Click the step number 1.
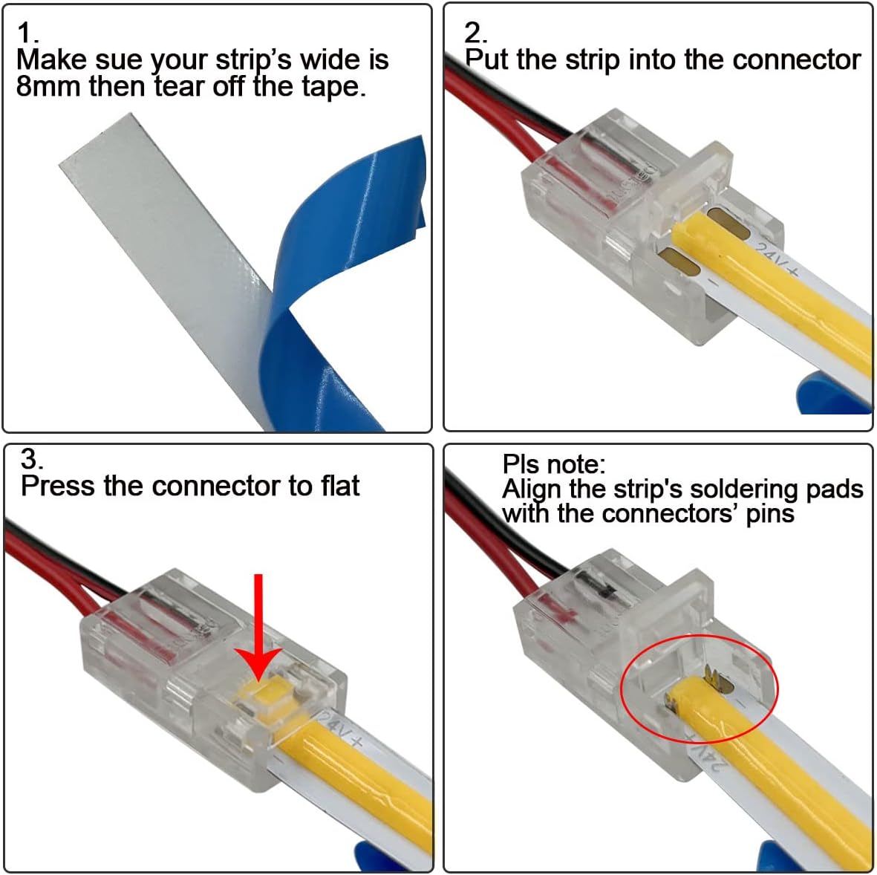[x=27, y=33]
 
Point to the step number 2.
[x=475, y=33]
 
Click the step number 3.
[x=31, y=459]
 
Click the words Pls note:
[x=554, y=464]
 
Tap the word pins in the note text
[x=769, y=514]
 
